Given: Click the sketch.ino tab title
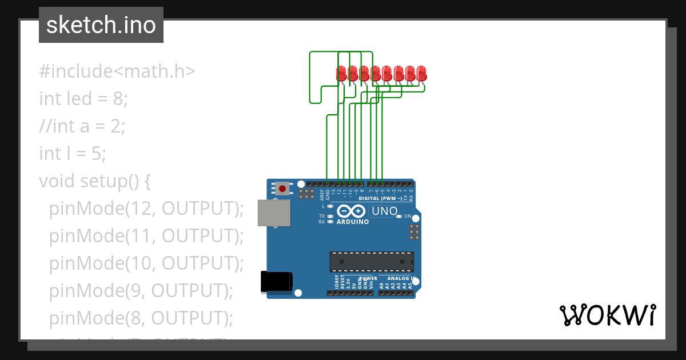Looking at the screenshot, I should click(101, 25).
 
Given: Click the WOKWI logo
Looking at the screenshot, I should click(607, 315).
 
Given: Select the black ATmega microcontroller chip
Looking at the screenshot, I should click(371, 261).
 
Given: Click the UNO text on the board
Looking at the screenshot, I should click(384, 211).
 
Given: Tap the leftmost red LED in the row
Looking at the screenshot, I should click(341, 73).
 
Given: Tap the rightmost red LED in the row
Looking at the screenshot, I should click(421, 73).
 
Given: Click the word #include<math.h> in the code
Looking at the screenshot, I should click(117, 71).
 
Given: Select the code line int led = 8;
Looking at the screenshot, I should click(83, 99).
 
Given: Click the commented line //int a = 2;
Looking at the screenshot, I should click(82, 126).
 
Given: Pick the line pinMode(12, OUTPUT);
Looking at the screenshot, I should click(146, 209).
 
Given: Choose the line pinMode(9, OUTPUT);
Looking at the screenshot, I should click(141, 291).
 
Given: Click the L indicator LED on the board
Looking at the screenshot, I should click(330, 206).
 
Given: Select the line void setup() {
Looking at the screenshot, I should click(94, 181).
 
